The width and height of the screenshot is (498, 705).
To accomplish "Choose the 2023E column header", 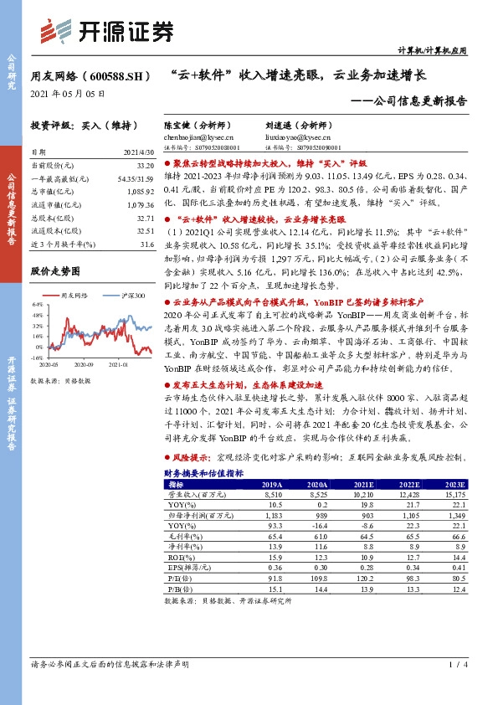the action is click(454, 484).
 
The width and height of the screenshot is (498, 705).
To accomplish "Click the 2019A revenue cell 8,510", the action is click(272, 495).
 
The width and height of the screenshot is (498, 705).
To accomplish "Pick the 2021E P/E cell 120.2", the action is click(363, 578).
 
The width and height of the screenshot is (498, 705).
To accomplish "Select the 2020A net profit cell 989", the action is click(318, 516).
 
